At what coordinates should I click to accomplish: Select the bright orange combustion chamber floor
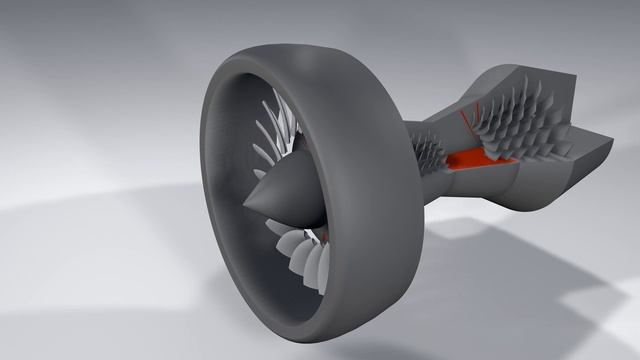click(x=470, y=157)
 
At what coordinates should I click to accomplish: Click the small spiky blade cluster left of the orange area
click(x=429, y=151)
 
